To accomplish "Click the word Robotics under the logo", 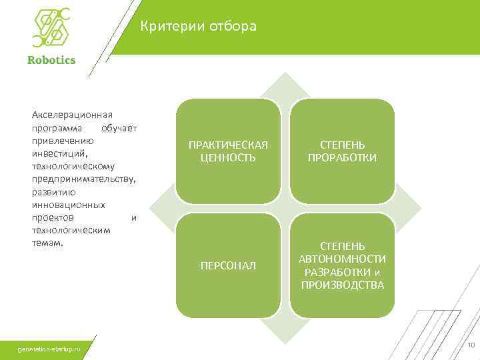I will click(x=51, y=59).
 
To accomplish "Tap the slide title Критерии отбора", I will click(x=198, y=27).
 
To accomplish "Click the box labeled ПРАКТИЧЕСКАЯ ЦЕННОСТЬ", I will click(x=228, y=151).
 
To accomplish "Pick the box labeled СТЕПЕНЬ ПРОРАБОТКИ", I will click(x=342, y=151).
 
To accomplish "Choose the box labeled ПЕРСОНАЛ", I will click(x=228, y=265).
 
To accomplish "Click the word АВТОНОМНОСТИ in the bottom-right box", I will click(x=342, y=259).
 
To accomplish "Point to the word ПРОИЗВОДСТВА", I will click(x=342, y=285).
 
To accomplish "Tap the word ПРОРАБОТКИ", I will click(x=342, y=157).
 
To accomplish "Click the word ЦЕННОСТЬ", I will click(x=228, y=157).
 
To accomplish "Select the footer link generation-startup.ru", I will click(x=49, y=349).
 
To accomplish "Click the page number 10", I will click(x=470, y=345).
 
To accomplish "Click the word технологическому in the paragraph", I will click(x=73, y=166).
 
